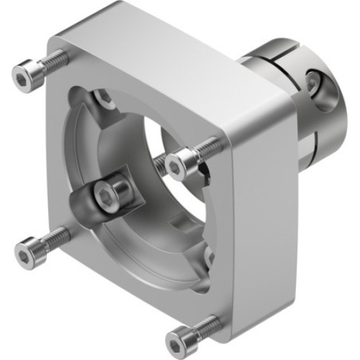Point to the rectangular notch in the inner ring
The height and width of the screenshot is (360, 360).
click(204, 170)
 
